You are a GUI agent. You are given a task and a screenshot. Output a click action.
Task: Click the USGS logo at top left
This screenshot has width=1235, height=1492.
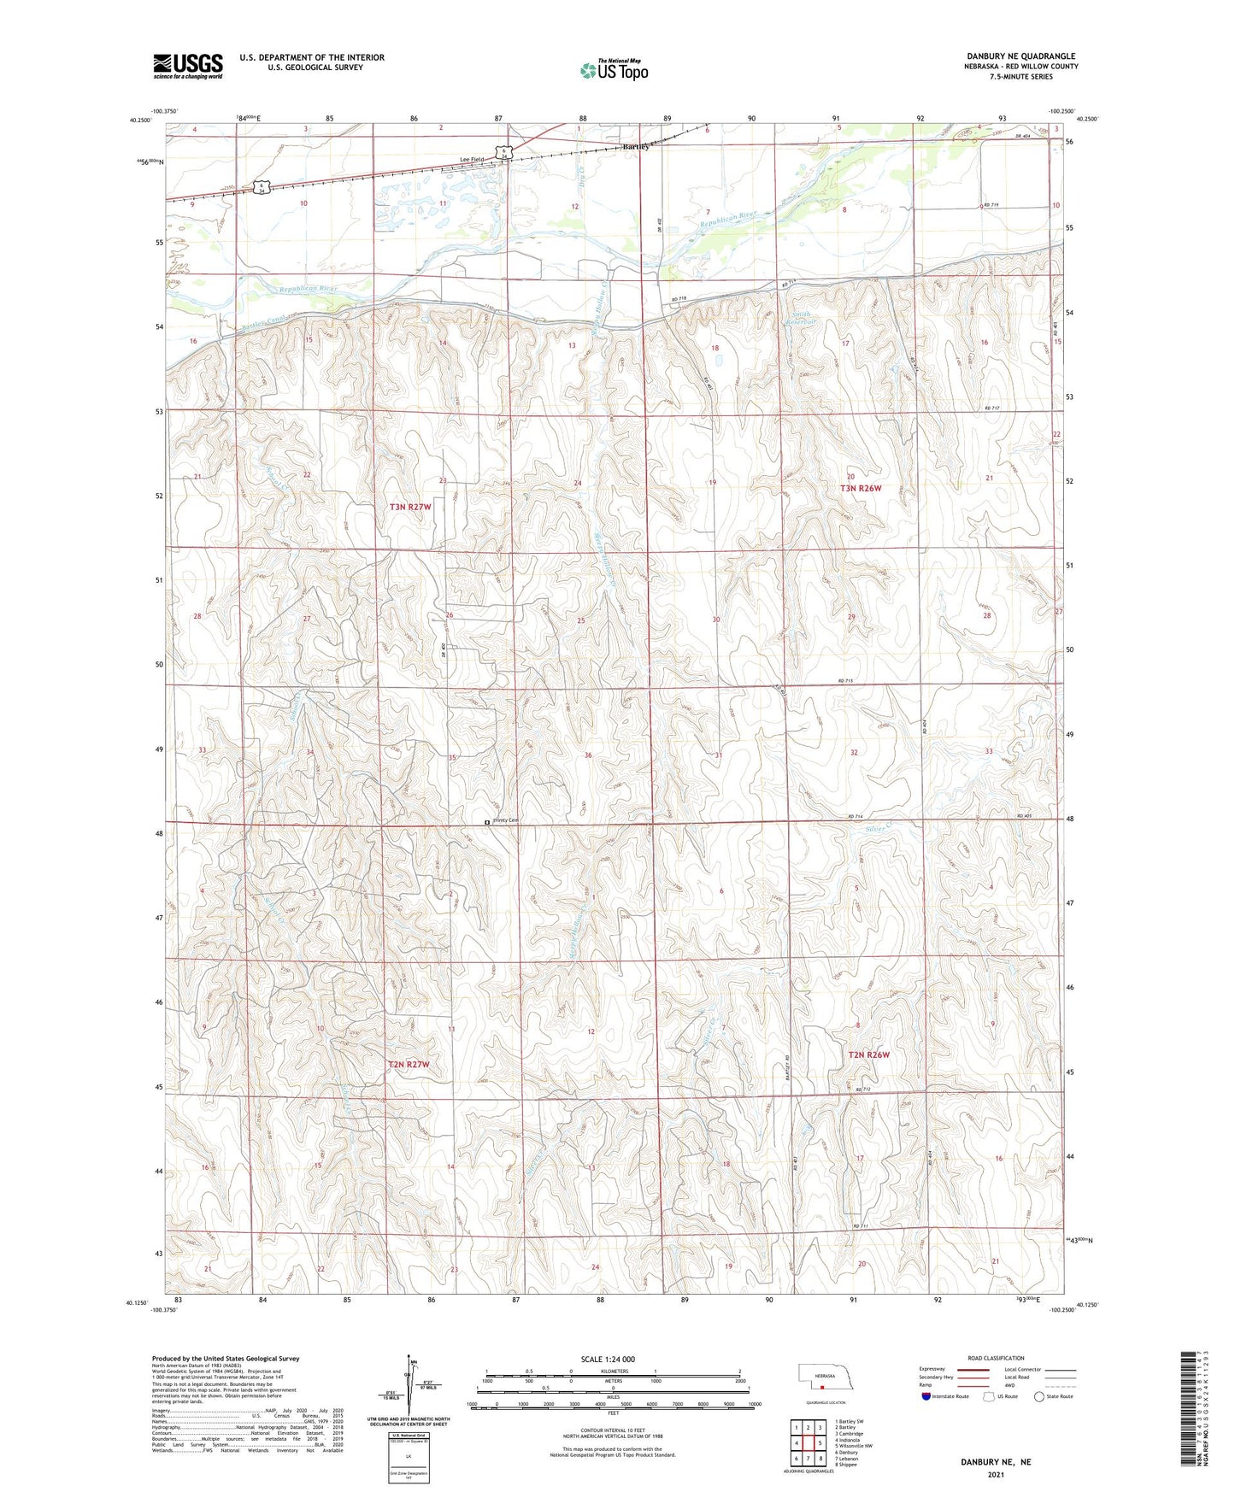(x=188, y=66)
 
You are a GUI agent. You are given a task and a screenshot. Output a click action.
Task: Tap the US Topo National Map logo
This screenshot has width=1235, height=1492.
(x=614, y=69)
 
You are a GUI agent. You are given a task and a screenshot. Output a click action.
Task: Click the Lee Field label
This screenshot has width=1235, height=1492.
(x=471, y=160)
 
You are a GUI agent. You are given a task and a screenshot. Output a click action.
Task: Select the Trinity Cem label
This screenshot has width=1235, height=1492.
(x=503, y=820)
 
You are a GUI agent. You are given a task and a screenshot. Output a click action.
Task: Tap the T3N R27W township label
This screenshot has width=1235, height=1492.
(x=410, y=507)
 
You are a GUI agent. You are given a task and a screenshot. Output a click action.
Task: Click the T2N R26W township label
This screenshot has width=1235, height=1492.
(x=868, y=1054)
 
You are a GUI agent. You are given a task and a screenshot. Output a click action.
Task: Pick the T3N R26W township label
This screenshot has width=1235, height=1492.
(x=860, y=488)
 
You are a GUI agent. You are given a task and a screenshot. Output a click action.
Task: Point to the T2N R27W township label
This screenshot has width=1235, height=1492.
(x=408, y=1065)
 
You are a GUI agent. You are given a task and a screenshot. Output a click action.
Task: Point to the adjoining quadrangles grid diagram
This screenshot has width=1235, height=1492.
(x=808, y=1442)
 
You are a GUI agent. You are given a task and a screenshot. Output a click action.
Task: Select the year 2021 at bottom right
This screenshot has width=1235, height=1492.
(x=995, y=1473)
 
